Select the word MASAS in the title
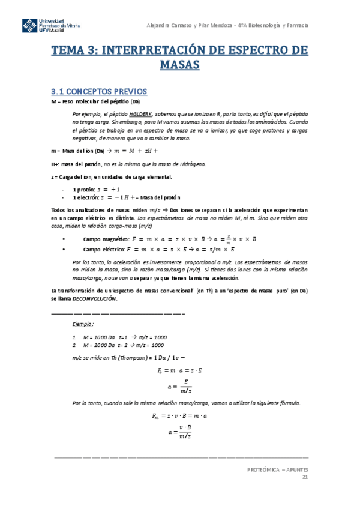179,65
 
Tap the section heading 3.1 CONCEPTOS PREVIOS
98,91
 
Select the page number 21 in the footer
305,477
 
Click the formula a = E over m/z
179,385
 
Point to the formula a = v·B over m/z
179,430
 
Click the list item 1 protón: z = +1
96,188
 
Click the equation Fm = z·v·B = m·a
179,415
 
